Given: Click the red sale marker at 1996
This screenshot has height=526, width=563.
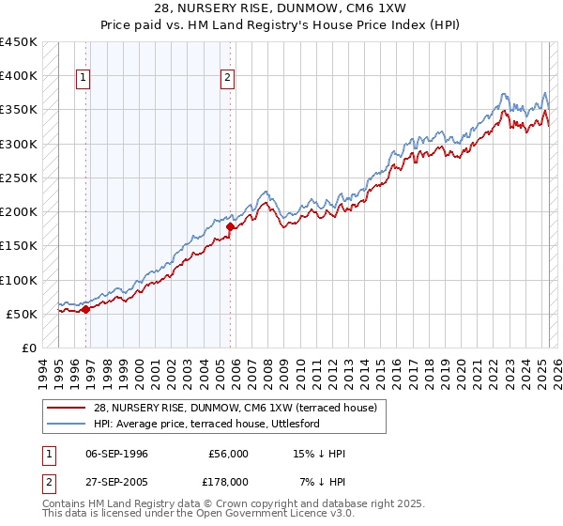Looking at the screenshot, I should point(85,308).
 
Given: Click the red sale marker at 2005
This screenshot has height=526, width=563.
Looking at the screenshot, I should point(230,225).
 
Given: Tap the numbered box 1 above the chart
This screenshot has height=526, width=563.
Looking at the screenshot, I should point(84,79).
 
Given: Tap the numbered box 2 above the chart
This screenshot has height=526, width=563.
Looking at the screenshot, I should point(228,79).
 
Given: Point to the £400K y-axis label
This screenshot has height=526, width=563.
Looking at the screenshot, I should point(19,76).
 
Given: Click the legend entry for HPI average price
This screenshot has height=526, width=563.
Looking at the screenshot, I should point(206,424).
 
